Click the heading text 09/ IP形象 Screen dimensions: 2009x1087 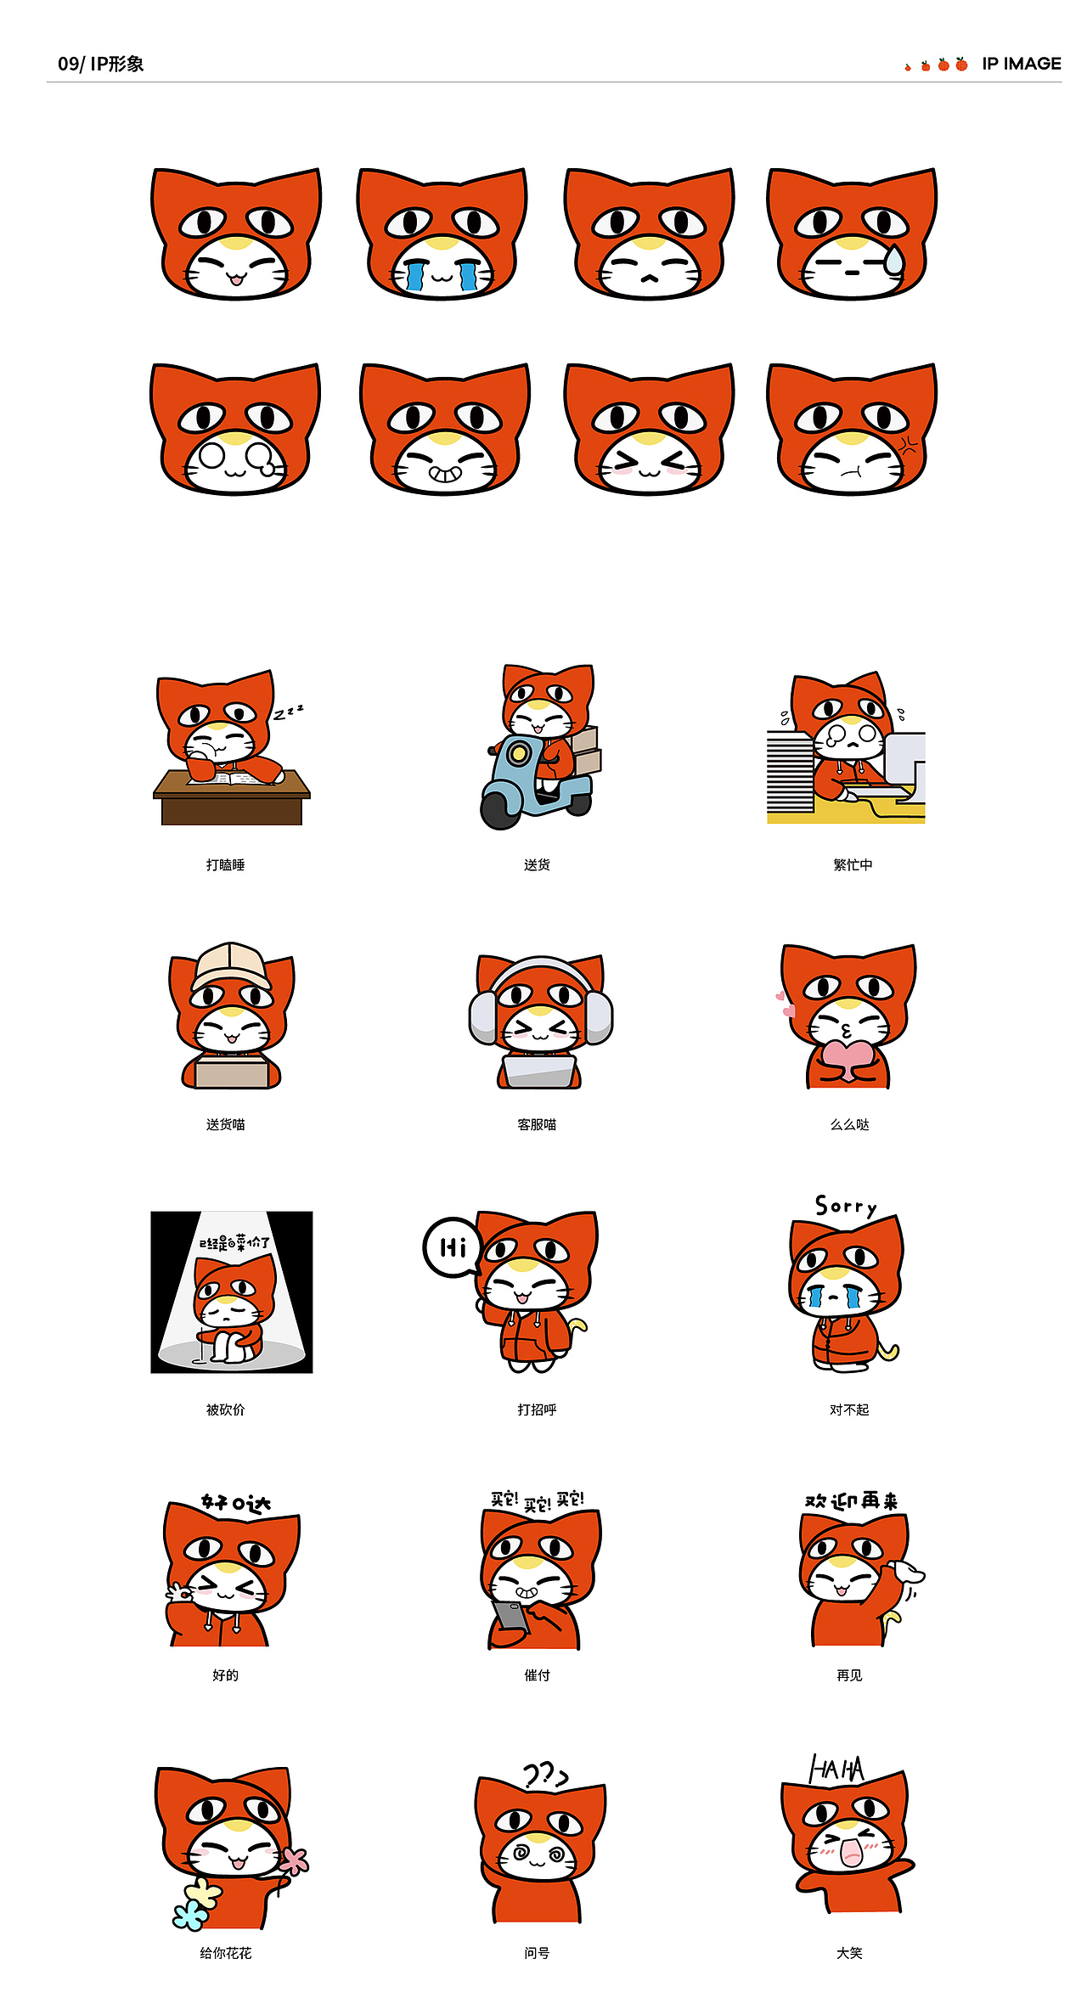pos(100,65)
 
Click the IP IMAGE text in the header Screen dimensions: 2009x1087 pos(1021,65)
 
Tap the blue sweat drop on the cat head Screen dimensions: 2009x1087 pos(893,260)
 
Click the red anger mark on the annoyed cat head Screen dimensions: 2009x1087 pos(909,446)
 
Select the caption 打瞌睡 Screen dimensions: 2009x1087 pos(225,864)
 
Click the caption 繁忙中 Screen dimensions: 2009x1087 pos(853,864)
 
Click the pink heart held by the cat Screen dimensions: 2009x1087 pos(846,1057)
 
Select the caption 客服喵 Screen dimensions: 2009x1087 pos(537,1124)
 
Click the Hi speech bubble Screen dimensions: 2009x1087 pos(452,1247)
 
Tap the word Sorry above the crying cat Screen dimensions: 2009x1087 pos(846,1207)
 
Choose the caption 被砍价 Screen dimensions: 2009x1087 pos(225,1410)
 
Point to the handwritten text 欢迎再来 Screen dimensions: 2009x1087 pos(851,1501)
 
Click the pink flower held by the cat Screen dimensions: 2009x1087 pos(295,1860)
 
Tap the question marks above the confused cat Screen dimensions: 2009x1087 pos(544,1774)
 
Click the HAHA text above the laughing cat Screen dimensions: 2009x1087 pos(836,1769)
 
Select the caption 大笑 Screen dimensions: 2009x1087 pos(849,1953)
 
